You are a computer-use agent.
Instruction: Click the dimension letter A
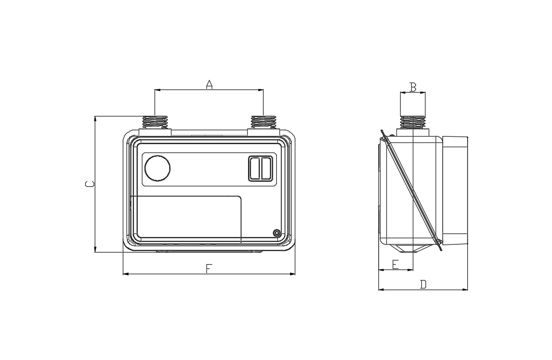pyautogui.click(x=209, y=85)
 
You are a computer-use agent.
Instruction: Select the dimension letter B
pyautogui.click(x=413, y=87)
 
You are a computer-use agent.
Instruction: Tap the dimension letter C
pyautogui.click(x=90, y=184)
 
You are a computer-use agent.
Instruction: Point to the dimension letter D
pyautogui.click(x=423, y=284)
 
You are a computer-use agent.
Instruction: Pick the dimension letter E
pyautogui.click(x=395, y=264)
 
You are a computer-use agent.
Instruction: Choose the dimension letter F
pyautogui.click(x=209, y=269)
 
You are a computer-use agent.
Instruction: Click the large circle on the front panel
pyautogui.click(x=157, y=168)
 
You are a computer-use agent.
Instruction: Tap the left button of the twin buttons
pyautogui.click(x=255, y=168)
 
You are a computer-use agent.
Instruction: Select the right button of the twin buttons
pyautogui.click(x=266, y=168)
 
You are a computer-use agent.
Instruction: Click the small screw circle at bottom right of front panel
pyautogui.click(x=277, y=232)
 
